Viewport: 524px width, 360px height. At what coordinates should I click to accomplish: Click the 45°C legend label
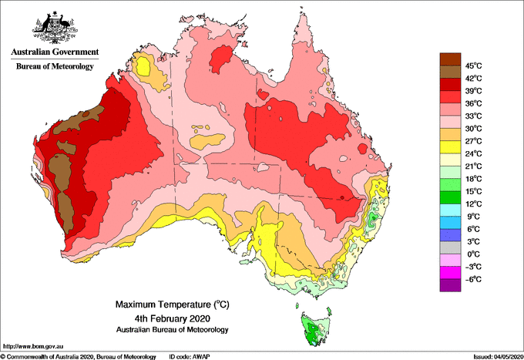pyautogui.click(x=472, y=65)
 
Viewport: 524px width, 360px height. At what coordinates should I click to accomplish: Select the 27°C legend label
pyautogui.click(x=472, y=140)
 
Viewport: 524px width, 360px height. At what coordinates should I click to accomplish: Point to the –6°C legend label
pyautogui.click(x=472, y=278)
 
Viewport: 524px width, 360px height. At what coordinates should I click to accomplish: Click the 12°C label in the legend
pyautogui.click(x=472, y=204)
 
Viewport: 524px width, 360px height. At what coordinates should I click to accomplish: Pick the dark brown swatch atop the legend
pyautogui.click(x=449, y=59)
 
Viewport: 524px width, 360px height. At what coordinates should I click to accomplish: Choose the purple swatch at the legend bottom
pyautogui.click(x=449, y=285)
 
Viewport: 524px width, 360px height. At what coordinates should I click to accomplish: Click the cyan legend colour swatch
pyautogui.click(x=449, y=210)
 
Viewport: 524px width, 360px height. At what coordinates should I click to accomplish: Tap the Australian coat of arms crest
pyautogui.click(x=55, y=29)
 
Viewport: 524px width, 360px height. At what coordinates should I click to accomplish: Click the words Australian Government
pyautogui.click(x=55, y=52)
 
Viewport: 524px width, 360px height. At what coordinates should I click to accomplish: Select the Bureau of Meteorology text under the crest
pyautogui.click(x=55, y=67)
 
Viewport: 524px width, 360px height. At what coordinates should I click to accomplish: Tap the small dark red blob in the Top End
pyautogui.click(x=223, y=57)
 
